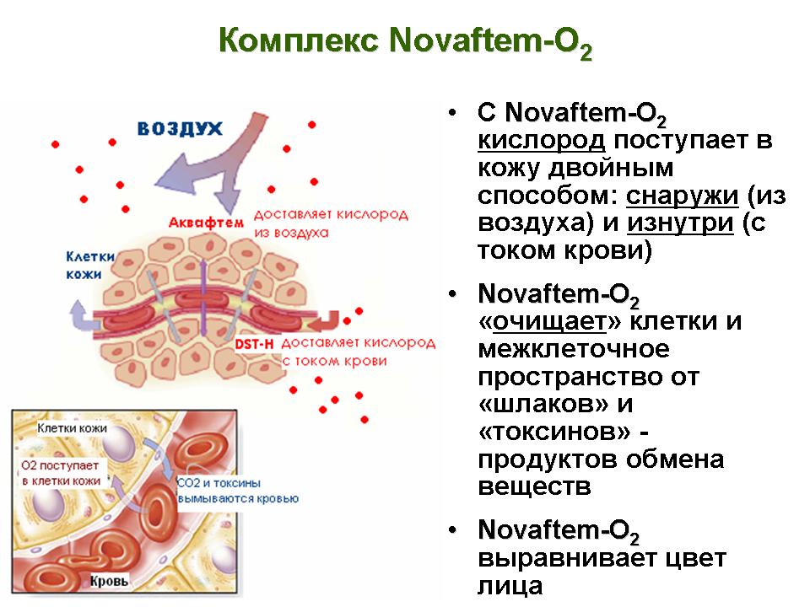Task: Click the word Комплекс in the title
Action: (299, 40)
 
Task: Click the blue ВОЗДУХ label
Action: (180, 128)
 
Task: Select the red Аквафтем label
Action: (206, 223)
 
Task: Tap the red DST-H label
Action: (254, 344)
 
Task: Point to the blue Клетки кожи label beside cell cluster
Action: (90, 266)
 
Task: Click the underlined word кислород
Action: (541, 141)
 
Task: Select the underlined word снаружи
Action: (682, 196)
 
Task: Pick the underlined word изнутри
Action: (680, 223)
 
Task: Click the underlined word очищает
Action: (549, 321)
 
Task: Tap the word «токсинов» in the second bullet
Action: (554, 432)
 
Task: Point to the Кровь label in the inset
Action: (109, 581)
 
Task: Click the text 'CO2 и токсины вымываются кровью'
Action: (238, 491)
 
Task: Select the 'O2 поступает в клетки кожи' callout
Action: (61, 473)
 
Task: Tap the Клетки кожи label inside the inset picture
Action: (73, 428)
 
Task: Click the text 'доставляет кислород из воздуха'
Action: (331, 223)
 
